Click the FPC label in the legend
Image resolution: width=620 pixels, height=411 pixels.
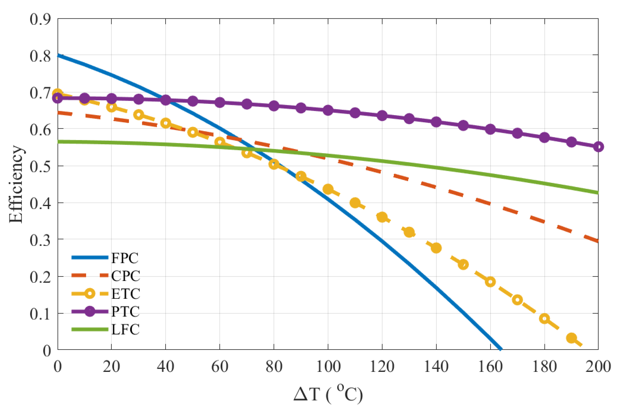(125, 258)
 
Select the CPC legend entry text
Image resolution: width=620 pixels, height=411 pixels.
(126, 276)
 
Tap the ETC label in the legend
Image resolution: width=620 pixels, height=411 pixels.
(126, 294)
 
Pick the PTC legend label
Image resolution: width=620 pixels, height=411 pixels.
(125, 312)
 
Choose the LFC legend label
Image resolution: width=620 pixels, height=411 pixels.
(125, 329)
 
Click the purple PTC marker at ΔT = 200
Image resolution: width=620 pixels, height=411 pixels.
(598, 147)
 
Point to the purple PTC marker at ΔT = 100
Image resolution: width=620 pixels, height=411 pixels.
(328, 110)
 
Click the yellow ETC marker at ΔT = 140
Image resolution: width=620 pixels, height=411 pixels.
(436, 248)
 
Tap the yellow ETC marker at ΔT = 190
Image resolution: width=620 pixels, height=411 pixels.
(571, 338)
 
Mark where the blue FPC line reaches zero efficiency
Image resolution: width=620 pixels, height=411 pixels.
(500, 349)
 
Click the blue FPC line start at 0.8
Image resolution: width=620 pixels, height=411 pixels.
(58, 55)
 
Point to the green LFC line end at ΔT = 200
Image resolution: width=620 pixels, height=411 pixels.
(597, 193)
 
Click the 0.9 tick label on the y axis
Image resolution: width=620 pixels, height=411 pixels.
(40, 19)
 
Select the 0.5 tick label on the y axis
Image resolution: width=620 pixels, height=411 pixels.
(40, 166)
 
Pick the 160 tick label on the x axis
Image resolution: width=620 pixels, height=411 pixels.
(490, 366)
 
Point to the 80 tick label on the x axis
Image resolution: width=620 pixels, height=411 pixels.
(274, 366)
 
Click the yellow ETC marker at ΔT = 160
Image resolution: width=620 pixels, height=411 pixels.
(490, 282)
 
